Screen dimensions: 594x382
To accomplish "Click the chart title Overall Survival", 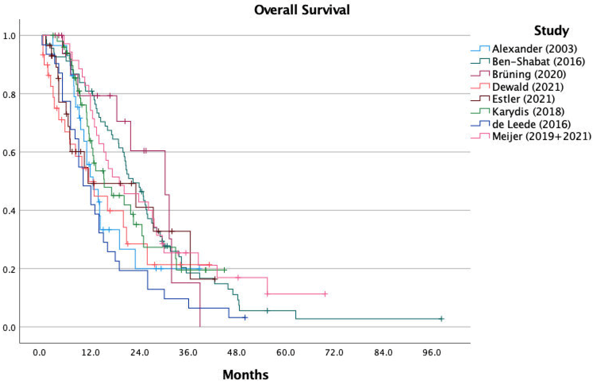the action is point(302,10).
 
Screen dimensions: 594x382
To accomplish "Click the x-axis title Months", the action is point(246,374).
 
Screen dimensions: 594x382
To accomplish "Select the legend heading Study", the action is point(551,31).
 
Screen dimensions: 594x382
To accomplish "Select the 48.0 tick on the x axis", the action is point(237,352).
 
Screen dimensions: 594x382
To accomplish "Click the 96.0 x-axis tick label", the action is point(432,352).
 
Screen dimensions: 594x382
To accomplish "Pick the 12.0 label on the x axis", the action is point(91,352).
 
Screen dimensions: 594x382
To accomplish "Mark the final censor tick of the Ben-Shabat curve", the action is point(441,319).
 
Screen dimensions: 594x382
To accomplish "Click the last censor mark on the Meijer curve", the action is point(325,294).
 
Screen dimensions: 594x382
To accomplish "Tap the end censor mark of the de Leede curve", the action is point(245,317).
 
